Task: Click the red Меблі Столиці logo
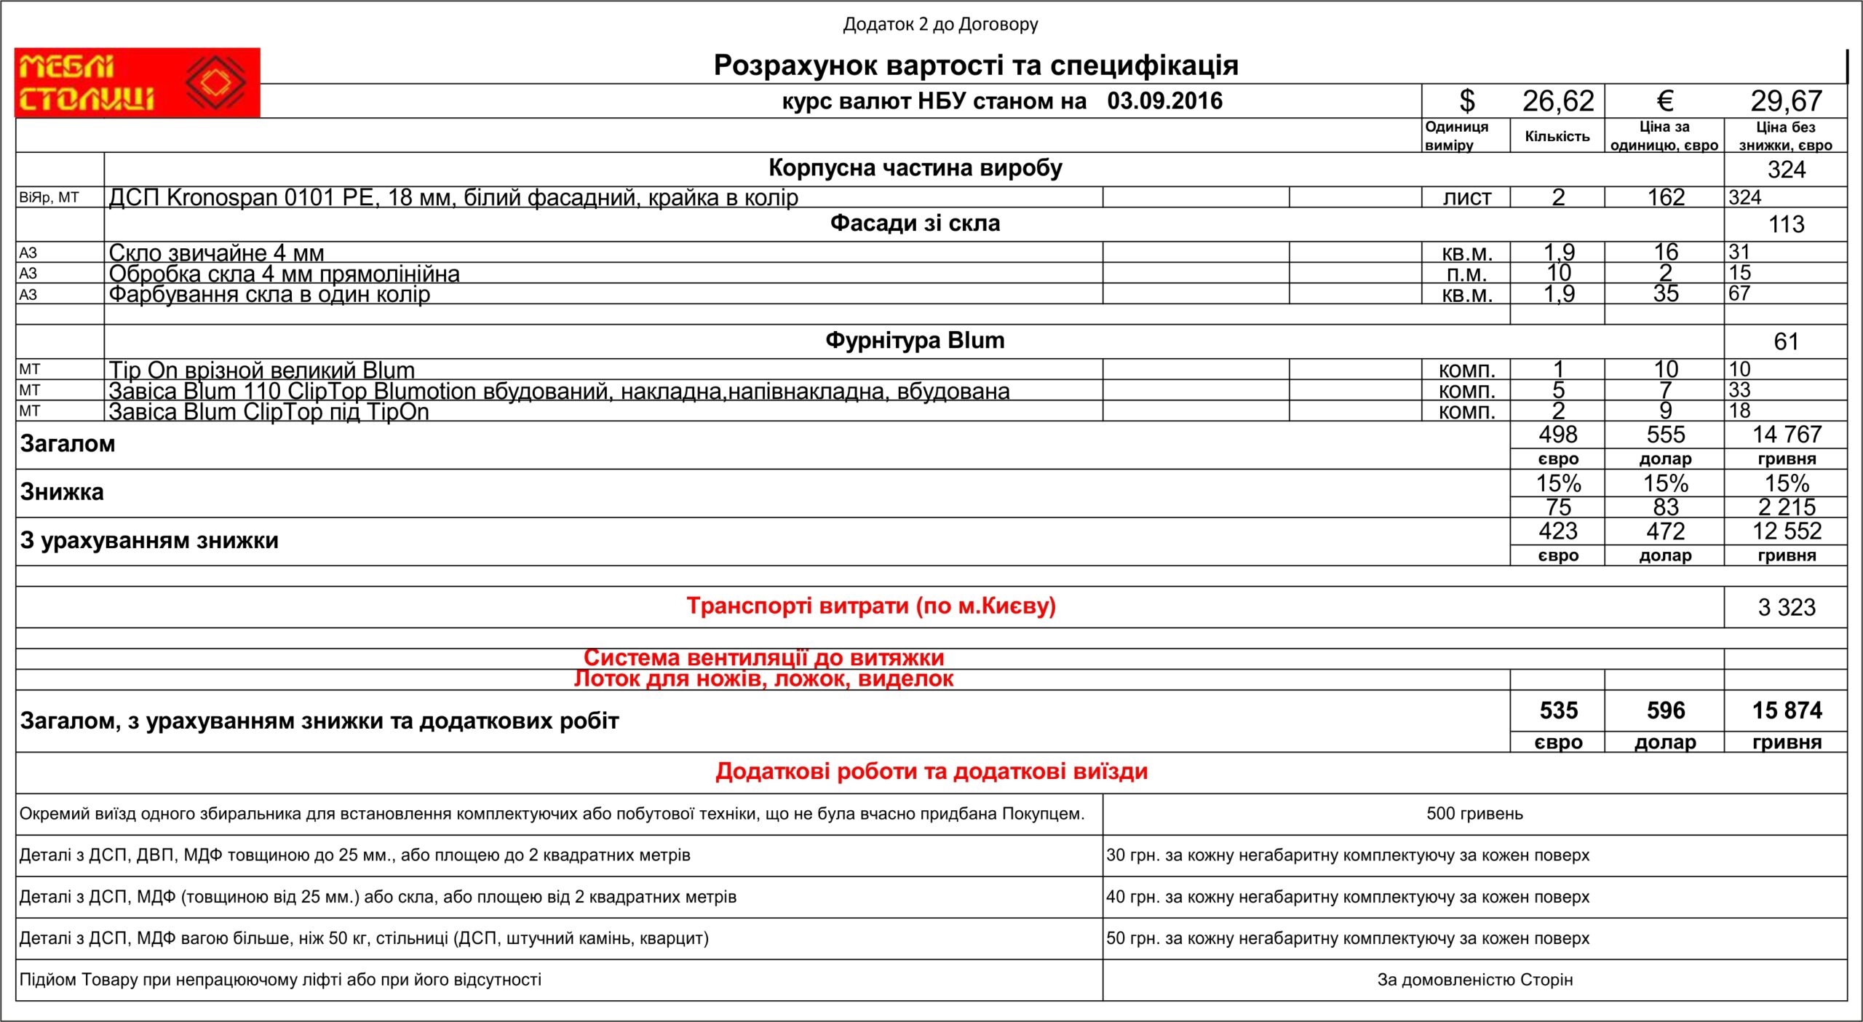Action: [x=137, y=82]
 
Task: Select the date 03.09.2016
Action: [x=1164, y=101]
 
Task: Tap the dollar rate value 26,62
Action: [x=1558, y=101]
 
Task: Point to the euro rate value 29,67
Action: [x=1786, y=101]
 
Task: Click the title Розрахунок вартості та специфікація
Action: [x=975, y=66]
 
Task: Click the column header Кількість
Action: [x=1557, y=136]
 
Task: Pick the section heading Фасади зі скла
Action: [x=915, y=223]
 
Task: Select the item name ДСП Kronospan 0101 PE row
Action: [x=453, y=197]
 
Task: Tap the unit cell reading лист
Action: [x=1466, y=197]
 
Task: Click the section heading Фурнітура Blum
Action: [x=915, y=341]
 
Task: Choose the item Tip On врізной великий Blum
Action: [x=261, y=370]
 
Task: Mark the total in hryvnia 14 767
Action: [x=1786, y=435]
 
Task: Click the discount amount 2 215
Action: [x=1786, y=507]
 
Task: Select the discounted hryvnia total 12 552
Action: [x=1786, y=531]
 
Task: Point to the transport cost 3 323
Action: [x=1786, y=607]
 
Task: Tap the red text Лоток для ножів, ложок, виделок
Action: [x=763, y=679]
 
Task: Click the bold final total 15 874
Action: [x=1786, y=710]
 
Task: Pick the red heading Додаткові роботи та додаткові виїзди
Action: [x=931, y=772]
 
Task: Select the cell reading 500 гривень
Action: [x=1474, y=814]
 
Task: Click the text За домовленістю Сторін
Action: [x=1474, y=980]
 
